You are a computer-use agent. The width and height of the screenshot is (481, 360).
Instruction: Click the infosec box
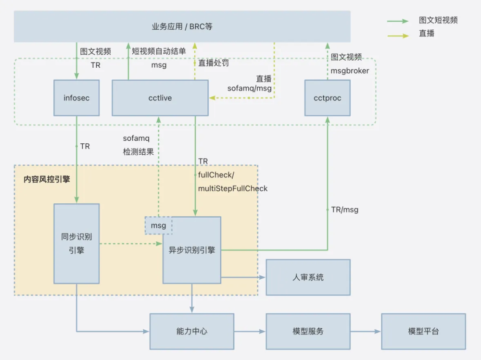(76, 98)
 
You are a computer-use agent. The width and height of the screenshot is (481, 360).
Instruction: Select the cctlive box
(160, 98)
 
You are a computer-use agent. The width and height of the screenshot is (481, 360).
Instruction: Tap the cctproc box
(327, 98)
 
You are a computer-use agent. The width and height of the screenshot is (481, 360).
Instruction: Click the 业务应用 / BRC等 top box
(182, 26)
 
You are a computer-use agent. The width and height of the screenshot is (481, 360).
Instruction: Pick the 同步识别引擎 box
(76, 243)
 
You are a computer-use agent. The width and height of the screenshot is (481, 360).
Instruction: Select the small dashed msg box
(159, 225)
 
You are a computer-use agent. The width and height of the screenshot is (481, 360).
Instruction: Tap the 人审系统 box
(308, 277)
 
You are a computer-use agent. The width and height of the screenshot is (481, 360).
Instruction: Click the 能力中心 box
(191, 331)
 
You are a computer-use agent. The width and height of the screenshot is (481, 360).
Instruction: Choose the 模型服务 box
(308, 331)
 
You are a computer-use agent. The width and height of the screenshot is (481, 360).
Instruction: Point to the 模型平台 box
(423, 331)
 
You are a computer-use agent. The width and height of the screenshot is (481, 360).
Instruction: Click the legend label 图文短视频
(438, 20)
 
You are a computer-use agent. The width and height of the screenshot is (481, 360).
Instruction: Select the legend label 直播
(426, 35)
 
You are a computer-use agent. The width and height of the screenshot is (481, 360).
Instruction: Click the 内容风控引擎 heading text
(47, 179)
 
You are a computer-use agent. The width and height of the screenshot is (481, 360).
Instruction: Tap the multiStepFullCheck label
(233, 188)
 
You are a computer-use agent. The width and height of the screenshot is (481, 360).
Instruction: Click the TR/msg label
(344, 210)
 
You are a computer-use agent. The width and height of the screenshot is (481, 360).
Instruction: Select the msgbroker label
(350, 71)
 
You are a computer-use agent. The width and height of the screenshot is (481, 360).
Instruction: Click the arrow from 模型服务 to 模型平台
(365, 331)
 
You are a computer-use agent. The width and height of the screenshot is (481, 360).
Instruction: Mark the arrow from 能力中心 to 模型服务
(250, 331)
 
